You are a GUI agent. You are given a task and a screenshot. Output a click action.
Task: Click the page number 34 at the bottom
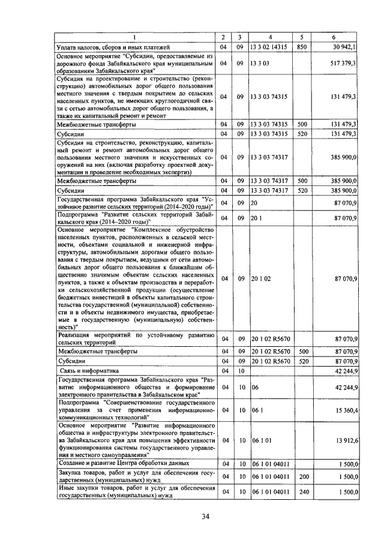pos(205,517)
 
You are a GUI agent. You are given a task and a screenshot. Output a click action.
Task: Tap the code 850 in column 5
pos(302,46)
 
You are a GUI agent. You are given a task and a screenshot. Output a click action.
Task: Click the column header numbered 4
pos(271,37)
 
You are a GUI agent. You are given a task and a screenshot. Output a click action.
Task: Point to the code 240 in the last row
pos(302,492)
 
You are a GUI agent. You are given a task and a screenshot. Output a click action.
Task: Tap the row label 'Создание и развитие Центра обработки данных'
pos(122,463)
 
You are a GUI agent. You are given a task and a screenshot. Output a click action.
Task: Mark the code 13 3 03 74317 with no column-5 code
pos(269,157)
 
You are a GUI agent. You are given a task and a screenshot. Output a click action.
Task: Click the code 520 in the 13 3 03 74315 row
pos(302,134)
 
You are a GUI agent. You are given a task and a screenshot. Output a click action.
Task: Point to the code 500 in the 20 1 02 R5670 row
pos(302,351)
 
